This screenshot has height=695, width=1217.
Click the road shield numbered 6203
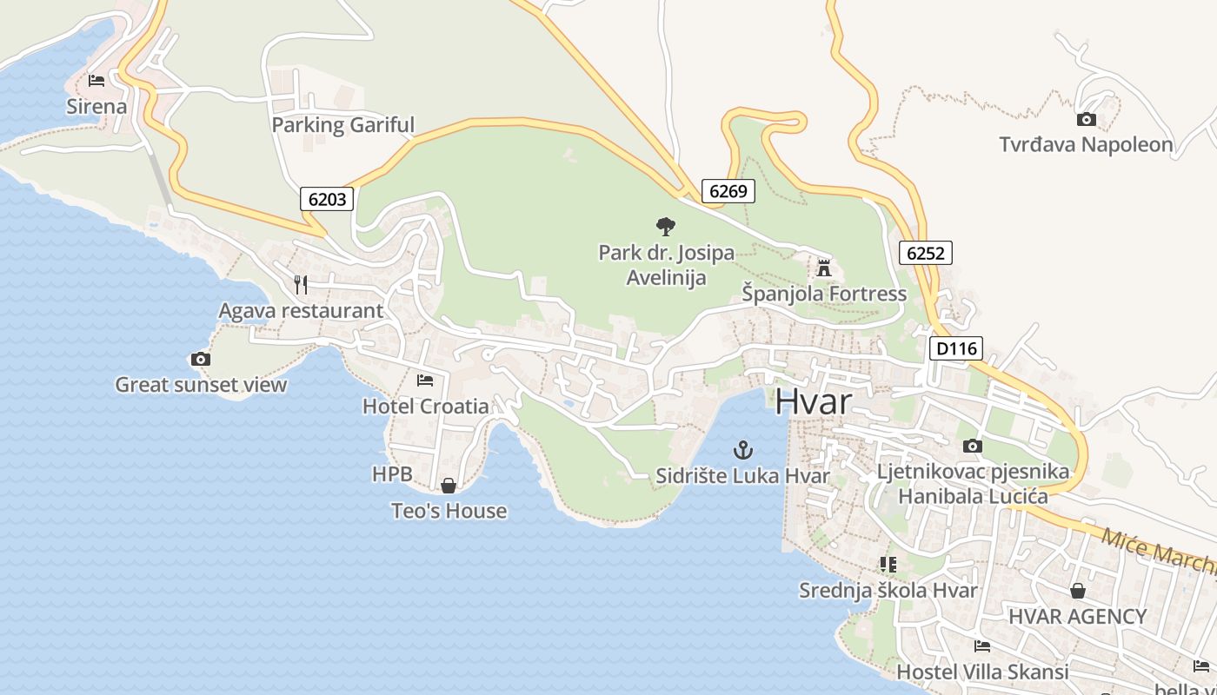tap(327, 199)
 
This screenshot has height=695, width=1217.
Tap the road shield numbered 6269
tap(728, 191)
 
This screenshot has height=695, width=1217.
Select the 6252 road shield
tap(925, 253)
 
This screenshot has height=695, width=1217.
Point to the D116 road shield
tap(955, 349)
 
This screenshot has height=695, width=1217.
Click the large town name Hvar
tap(813, 402)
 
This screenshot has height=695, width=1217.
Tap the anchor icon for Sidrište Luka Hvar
tap(743, 449)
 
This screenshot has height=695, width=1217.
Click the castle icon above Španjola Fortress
tap(824, 267)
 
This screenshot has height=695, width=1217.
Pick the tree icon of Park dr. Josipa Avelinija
tap(666, 227)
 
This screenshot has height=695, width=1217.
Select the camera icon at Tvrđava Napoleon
tap(1086, 120)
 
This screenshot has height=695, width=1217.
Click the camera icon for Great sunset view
tap(200, 359)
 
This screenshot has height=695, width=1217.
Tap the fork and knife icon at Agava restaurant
tap(301, 284)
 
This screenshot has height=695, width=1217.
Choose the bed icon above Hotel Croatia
tap(425, 380)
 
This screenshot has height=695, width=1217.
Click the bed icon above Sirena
tap(96, 81)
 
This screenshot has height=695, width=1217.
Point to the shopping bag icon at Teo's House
tap(449, 486)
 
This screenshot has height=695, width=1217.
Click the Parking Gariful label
tap(342, 125)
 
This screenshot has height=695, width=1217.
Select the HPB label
tap(392, 474)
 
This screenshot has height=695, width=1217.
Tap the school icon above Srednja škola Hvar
tap(888, 565)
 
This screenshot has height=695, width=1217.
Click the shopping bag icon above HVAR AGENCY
tap(1078, 591)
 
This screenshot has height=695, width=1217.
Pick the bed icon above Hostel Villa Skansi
tap(982, 645)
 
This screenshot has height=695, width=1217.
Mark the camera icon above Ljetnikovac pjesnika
tap(973, 447)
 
